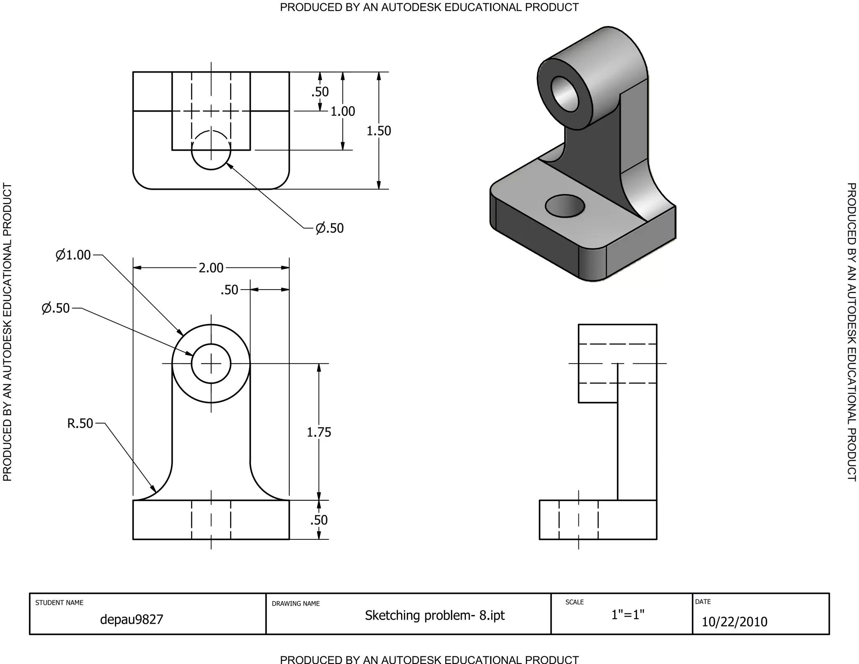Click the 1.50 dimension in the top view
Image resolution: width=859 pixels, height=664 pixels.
pyautogui.click(x=378, y=131)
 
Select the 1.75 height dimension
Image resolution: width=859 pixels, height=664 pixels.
pyautogui.click(x=319, y=432)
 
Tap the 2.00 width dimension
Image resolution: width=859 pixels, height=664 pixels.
pyautogui.click(x=211, y=268)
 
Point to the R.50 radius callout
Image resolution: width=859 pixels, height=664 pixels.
pyautogui.click(x=80, y=423)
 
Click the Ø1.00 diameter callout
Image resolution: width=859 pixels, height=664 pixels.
pyautogui.click(x=73, y=255)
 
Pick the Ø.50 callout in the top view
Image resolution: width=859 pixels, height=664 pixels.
pyautogui.click(x=329, y=228)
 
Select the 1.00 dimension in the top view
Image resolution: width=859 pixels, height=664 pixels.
pyautogui.click(x=343, y=111)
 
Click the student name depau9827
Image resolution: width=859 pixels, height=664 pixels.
pyautogui.click(x=131, y=619)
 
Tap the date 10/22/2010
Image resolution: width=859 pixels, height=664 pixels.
pyautogui.click(x=734, y=622)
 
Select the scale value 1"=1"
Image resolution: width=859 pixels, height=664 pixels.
pyautogui.click(x=627, y=614)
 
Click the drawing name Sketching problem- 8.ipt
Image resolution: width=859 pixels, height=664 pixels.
pyautogui.click(x=435, y=615)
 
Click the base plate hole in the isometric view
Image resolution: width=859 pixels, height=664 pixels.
pyautogui.click(x=565, y=206)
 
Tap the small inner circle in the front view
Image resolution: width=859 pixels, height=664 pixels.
pyautogui.click(x=211, y=363)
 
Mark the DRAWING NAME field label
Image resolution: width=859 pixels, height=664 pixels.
pyautogui.click(x=296, y=604)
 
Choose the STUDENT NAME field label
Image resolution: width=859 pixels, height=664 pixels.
pyautogui.click(x=59, y=603)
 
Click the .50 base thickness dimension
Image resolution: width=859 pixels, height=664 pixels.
pyautogui.click(x=319, y=520)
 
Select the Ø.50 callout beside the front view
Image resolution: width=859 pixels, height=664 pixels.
pyautogui.click(x=56, y=308)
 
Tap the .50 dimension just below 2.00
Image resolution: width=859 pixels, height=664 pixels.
pyautogui.click(x=229, y=290)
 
